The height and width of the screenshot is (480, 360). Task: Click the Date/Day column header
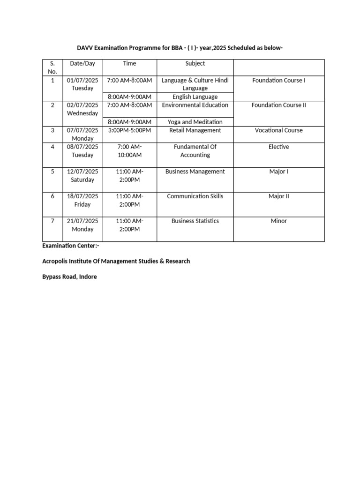point(82,63)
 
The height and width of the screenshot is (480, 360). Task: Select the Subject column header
point(195,63)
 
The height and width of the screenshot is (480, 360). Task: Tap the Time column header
point(129,63)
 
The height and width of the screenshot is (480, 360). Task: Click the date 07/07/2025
point(82,130)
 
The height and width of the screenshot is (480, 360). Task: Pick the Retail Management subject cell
point(195,130)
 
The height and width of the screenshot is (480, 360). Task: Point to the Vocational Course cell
point(278,130)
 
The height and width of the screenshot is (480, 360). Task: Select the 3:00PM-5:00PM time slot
point(129,130)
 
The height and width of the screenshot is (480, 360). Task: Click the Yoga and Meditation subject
point(195,122)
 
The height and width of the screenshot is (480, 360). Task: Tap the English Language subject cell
point(195,97)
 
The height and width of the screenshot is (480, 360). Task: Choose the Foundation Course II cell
point(278,105)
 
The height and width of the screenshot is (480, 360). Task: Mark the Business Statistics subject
point(195,221)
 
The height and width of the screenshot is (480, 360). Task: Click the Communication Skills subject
point(195,196)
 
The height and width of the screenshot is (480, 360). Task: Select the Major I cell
point(278,172)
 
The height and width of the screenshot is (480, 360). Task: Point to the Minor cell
point(278,221)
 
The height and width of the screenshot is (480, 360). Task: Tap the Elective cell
point(278,147)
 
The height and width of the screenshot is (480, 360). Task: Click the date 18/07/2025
point(82,196)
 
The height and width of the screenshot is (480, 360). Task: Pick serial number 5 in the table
point(52,172)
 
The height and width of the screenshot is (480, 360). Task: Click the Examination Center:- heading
point(71,246)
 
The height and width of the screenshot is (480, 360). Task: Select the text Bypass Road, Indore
point(69,277)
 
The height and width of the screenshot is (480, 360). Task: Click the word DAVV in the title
point(85,48)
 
